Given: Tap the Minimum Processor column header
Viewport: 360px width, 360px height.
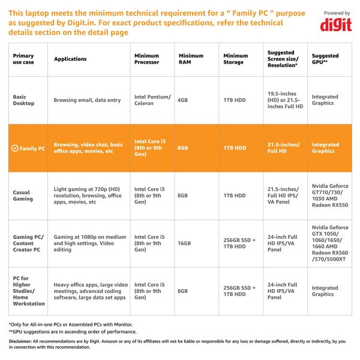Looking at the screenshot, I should (x=146, y=59).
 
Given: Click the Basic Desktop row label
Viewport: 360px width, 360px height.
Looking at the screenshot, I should (x=24, y=100).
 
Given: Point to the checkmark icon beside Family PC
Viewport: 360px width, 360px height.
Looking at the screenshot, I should (x=15, y=148).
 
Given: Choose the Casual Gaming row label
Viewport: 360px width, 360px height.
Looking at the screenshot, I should (x=23, y=196).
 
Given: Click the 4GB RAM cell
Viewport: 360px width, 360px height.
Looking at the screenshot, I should (x=185, y=100).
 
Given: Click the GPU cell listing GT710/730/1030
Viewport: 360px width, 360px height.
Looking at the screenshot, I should (x=329, y=196).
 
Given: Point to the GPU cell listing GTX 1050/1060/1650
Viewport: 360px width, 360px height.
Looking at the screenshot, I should (x=329, y=244).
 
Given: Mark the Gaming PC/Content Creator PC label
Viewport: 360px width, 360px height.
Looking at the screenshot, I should (x=28, y=244).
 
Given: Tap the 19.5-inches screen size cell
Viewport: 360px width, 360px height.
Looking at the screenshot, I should (x=285, y=100).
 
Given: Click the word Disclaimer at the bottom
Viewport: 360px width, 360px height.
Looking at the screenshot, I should (x=20, y=341).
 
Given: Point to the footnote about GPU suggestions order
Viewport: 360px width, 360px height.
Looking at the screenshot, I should (x=73, y=331).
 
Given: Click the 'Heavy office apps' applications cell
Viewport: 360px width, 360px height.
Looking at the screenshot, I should (x=91, y=291).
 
